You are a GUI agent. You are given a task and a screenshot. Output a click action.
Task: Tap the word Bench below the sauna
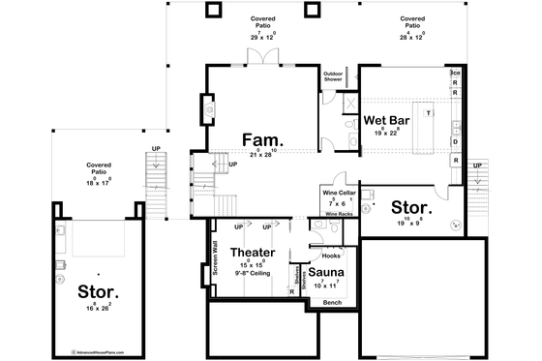(x=333, y=303)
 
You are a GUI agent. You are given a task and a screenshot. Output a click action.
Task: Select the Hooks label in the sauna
(x=330, y=256)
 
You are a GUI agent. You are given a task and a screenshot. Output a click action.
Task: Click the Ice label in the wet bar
(x=454, y=74)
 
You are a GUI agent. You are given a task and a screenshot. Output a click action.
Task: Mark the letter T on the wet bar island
(x=427, y=114)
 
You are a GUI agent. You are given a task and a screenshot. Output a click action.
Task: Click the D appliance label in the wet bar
(x=454, y=140)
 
